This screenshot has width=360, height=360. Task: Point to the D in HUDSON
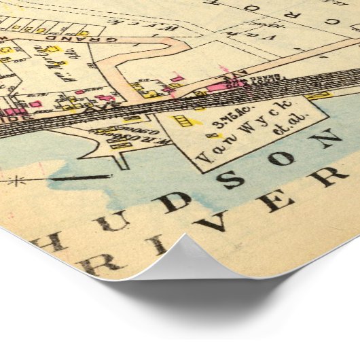coord(173,202)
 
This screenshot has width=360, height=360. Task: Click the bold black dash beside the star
coord(81,178)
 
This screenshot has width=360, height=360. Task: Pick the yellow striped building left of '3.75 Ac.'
coord(181,122)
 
